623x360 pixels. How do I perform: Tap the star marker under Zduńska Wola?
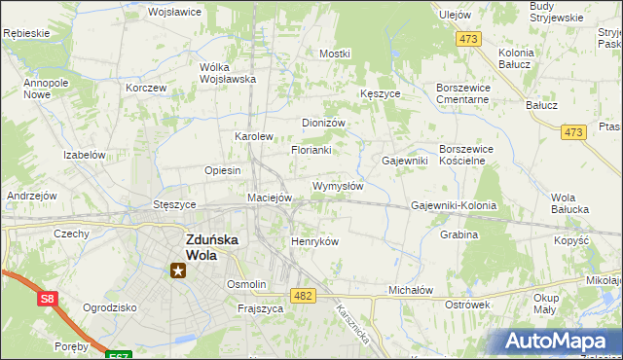coord(177,270)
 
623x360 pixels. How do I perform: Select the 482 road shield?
coord(302,295)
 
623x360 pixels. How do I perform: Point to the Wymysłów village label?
coord(338,185)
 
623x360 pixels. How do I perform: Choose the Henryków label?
coord(314,241)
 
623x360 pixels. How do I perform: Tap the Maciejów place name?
coord(270,198)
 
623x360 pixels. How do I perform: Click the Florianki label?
coord(311,151)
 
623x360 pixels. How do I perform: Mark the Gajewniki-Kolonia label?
coord(454,206)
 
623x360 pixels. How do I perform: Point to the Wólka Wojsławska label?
coord(227,73)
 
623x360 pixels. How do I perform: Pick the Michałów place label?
coord(410,290)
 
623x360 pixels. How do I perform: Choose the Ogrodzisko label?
coord(110,306)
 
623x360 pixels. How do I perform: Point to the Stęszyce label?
coord(174,205)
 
